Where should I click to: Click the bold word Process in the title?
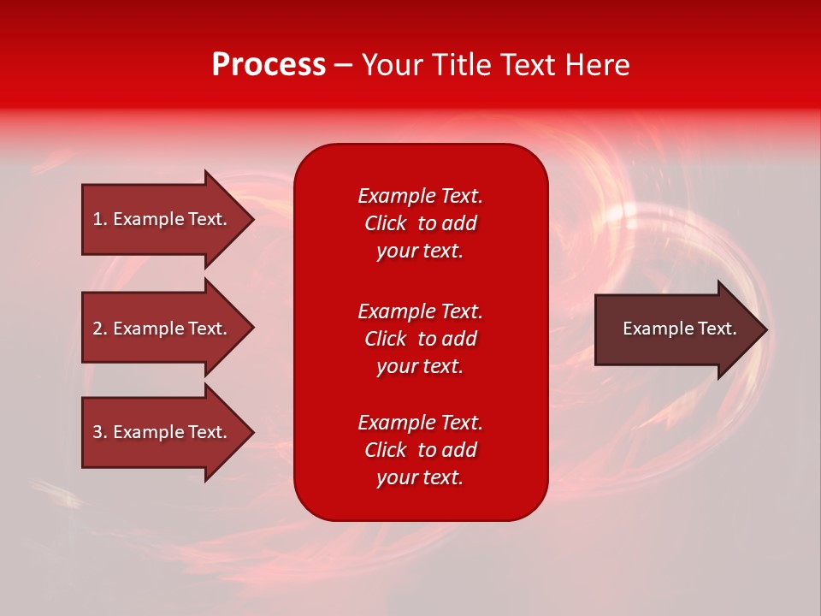tap(269, 65)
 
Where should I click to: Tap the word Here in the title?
tap(598, 65)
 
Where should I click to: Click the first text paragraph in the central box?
tap(420, 223)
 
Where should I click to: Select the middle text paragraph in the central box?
tap(420, 339)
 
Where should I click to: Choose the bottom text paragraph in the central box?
tap(420, 450)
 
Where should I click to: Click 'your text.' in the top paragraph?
tap(420, 252)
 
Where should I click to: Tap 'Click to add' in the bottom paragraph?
tap(420, 450)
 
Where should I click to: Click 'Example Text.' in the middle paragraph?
tap(420, 311)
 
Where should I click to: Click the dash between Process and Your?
tap(344, 65)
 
